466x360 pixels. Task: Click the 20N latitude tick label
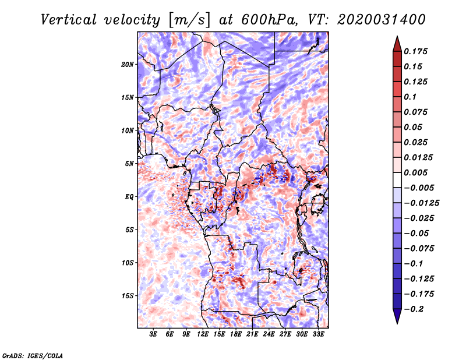pos(128,65)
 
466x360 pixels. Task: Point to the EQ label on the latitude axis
pos(129,197)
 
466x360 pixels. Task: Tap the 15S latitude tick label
pos(128,296)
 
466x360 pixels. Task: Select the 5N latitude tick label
pos(129,164)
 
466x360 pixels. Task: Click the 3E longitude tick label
pos(154,335)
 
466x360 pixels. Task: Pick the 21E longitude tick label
pos(253,335)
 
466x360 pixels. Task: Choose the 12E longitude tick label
pos(203,335)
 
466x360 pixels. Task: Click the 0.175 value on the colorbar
pos(416,51)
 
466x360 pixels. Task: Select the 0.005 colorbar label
pos(416,172)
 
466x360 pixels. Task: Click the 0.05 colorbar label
pos(413,127)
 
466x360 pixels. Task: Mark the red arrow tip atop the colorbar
pos(397,40)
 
